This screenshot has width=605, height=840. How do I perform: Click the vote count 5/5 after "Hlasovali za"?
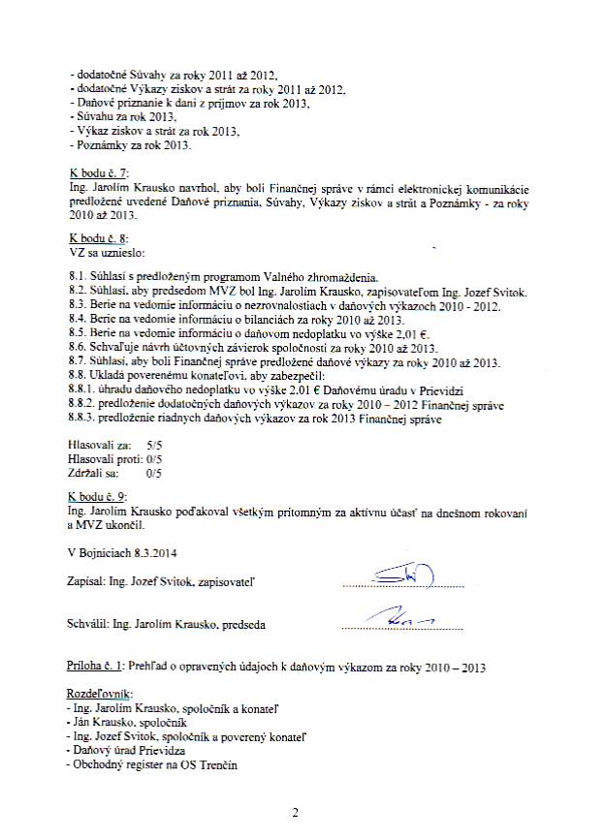click(153, 441)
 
